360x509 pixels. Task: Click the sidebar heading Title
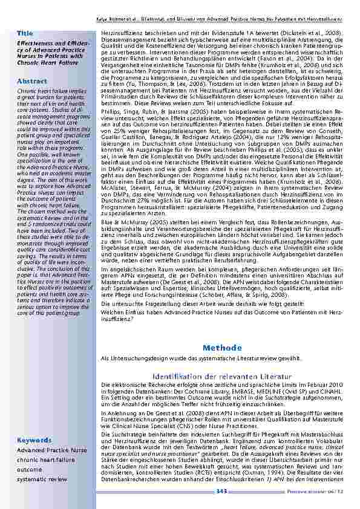(25, 32)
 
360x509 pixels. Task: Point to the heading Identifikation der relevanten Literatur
(218, 377)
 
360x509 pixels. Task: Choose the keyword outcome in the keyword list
(30, 469)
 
